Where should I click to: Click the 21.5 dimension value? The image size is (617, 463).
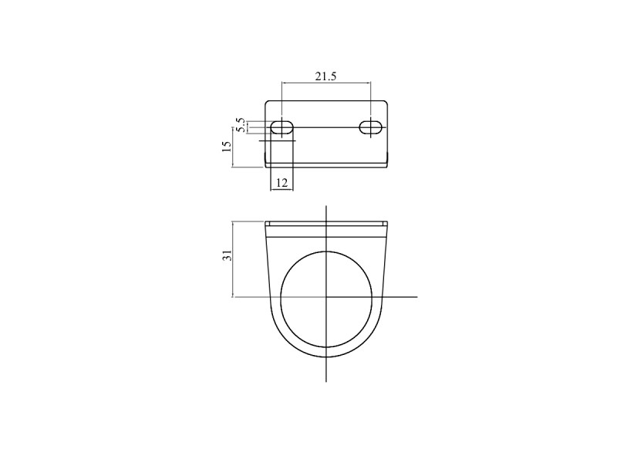[x=325, y=76]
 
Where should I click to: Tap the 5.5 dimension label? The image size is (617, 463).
[x=241, y=124]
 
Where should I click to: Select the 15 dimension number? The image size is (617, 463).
[x=227, y=147]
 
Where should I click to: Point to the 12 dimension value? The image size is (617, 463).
[x=282, y=183]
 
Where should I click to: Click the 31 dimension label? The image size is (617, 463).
[x=227, y=255]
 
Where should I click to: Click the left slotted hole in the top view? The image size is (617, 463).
[x=282, y=127]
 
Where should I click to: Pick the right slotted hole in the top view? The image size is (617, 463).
[x=371, y=127]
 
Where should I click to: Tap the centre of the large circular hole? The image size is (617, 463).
[x=326, y=297]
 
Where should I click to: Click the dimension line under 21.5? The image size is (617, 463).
[x=326, y=83]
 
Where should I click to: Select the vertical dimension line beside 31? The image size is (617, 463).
[x=233, y=259]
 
